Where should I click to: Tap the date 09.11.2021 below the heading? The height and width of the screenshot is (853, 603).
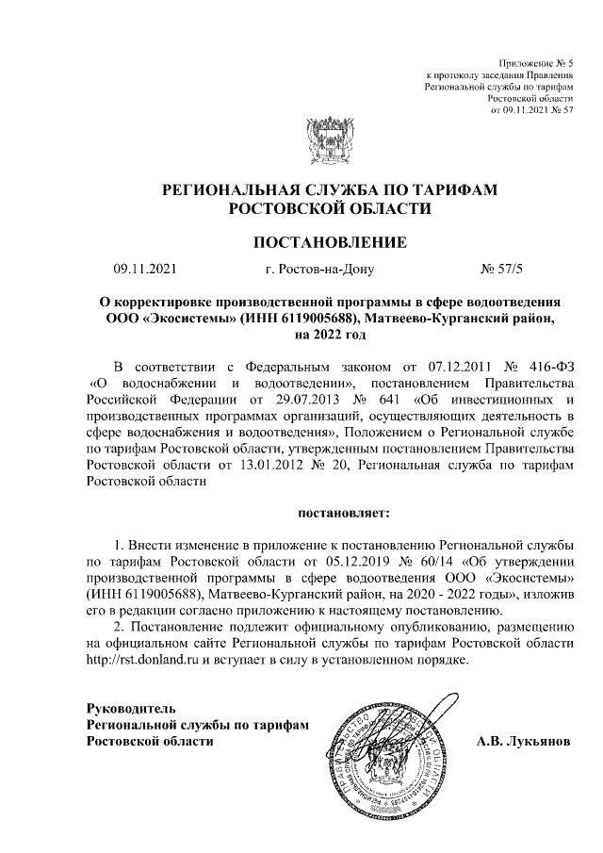(143, 270)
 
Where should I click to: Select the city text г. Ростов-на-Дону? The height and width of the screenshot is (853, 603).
(320, 270)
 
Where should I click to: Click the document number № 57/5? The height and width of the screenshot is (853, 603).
(502, 270)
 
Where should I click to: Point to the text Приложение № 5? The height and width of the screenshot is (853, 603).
(536, 61)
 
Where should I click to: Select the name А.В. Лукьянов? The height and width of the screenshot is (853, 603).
(521, 741)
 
